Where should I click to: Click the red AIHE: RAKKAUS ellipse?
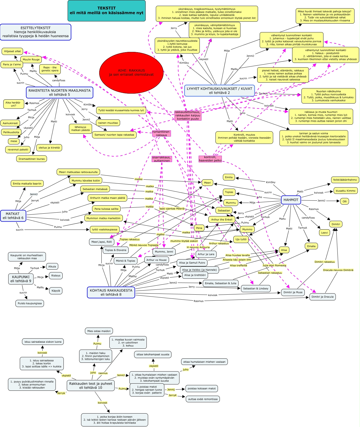tap(131, 72)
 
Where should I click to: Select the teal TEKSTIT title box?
tap(107, 11)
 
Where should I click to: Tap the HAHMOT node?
tap(291, 200)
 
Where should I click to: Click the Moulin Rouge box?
tap(31, 60)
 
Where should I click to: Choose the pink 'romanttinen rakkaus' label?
tap(161, 133)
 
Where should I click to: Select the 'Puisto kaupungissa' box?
tap(30, 303)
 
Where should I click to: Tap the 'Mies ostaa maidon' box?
tap(99, 331)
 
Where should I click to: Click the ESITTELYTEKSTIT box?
tap(35, 32)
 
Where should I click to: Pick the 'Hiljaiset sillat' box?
tap(12, 51)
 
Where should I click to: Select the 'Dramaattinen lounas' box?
tap(32, 159)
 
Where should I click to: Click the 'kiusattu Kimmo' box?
tap(345, 191)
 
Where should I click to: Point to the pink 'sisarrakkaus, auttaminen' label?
tap(162, 159)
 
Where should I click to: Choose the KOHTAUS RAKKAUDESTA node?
tap(111, 292)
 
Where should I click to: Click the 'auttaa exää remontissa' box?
tap(203, 399)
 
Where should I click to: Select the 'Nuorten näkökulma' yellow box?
tap(328, 96)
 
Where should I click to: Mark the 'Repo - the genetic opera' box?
tap(50, 69)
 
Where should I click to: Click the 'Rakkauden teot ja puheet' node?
tap(91, 386)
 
